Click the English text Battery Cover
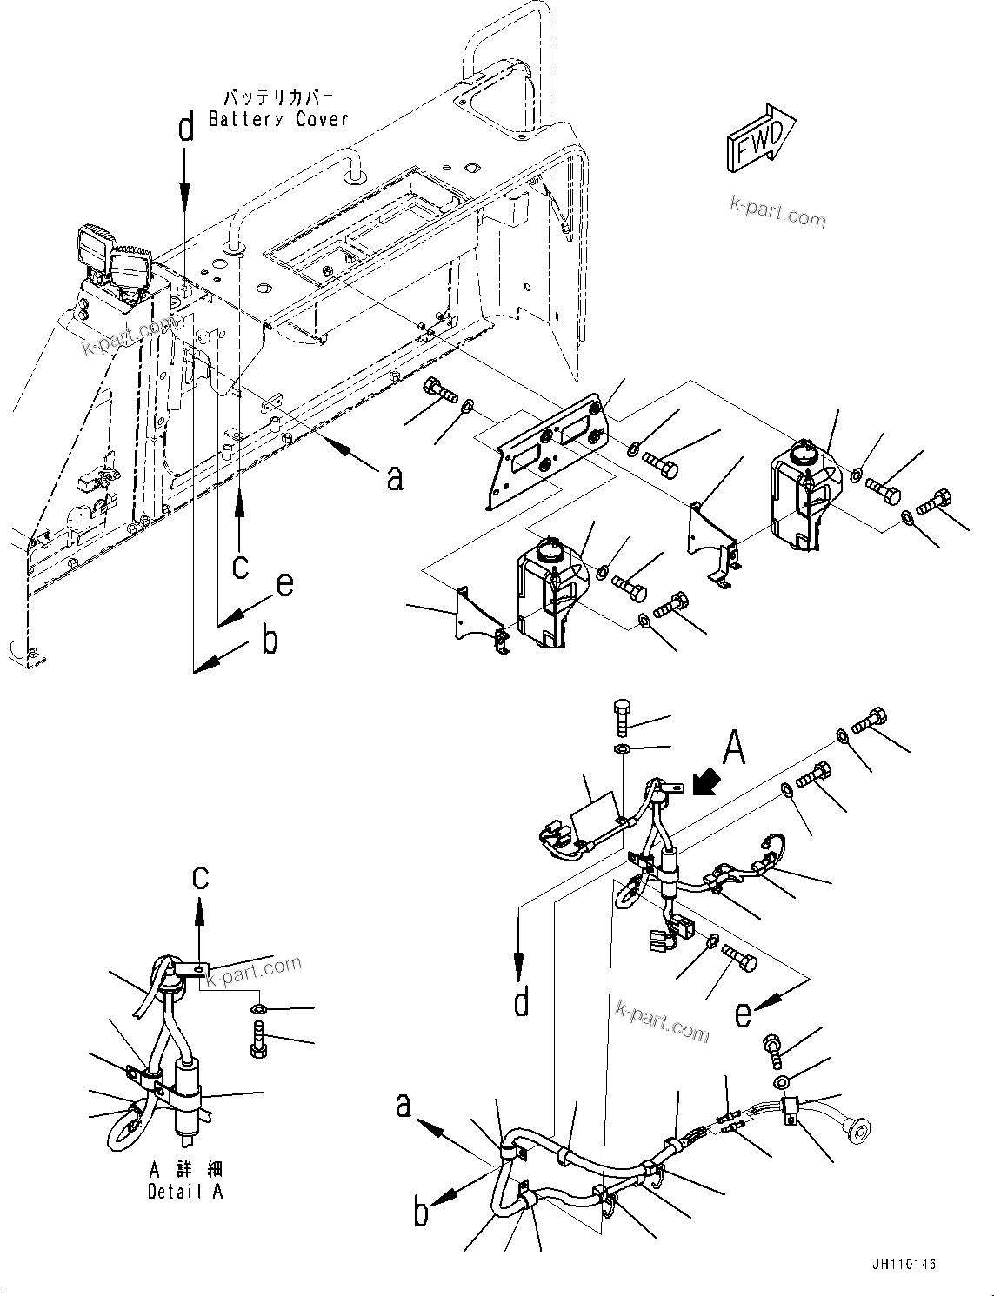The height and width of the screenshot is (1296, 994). click(278, 119)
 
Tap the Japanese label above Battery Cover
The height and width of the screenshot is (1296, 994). click(278, 96)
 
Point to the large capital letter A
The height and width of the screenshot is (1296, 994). click(735, 748)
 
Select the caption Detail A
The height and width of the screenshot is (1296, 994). click(185, 1192)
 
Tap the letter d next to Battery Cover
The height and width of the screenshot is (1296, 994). click(185, 129)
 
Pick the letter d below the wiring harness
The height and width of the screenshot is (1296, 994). click(520, 1002)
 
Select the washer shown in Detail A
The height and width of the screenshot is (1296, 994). click(258, 1009)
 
